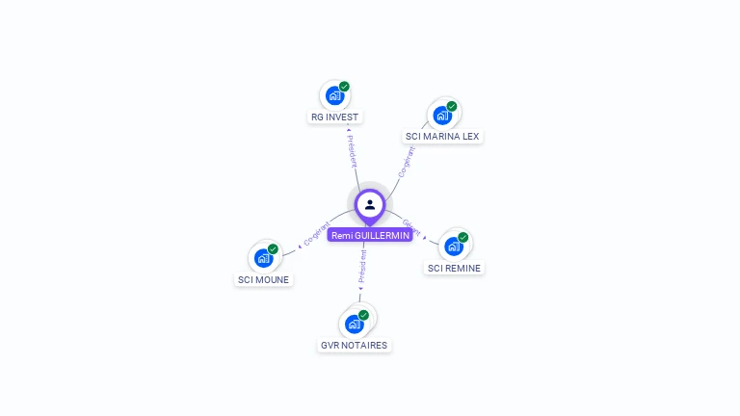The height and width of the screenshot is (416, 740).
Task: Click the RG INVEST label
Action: (x=334, y=117)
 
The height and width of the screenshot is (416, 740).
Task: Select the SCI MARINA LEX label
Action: (x=442, y=137)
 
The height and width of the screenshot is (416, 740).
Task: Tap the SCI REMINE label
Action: (x=454, y=268)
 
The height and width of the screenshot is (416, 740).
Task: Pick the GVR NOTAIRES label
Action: (x=354, y=345)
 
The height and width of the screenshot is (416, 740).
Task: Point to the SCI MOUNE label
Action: (x=263, y=279)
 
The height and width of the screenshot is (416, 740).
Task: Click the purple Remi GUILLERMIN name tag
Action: (x=370, y=235)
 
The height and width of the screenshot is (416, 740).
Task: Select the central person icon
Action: (x=370, y=204)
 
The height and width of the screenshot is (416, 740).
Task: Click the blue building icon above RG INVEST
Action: (x=333, y=95)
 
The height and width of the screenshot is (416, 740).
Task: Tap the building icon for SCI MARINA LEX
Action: (x=442, y=116)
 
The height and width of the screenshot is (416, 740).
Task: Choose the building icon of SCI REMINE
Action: (x=454, y=247)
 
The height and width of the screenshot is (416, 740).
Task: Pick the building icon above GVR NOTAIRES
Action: (x=354, y=325)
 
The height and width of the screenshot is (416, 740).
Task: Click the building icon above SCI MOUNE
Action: (x=263, y=258)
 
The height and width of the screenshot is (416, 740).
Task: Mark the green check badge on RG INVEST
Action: (x=344, y=87)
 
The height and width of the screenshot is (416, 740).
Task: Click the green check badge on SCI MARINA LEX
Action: (x=452, y=107)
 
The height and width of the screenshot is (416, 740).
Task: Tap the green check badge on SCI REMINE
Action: (x=463, y=237)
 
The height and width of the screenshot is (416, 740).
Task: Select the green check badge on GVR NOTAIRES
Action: (x=363, y=315)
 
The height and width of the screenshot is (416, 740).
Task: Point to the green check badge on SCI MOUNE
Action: (x=273, y=249)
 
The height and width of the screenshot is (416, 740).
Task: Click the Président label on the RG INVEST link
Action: (x=352, y=151)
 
